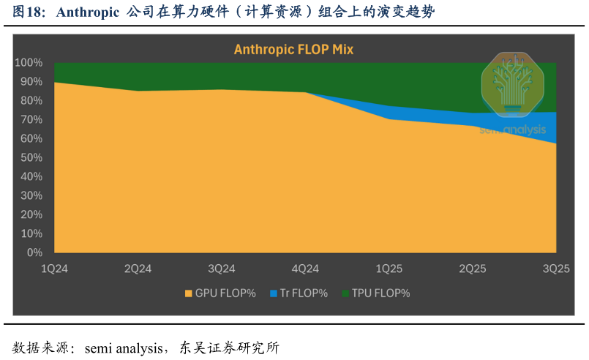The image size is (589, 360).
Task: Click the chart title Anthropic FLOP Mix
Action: (293, 50)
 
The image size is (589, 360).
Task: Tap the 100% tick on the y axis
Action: (29, 63)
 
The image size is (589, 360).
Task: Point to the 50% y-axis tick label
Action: (31, 158)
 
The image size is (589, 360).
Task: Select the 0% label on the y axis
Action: (34, 252)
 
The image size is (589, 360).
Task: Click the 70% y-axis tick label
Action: (31, 120)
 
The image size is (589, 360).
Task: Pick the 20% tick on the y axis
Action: (31, 214)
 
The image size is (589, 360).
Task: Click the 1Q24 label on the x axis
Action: (54, 269)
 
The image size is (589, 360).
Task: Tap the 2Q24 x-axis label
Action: (138, 269)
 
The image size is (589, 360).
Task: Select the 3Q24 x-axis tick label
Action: (222, 269)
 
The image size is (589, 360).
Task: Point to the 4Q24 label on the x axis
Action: (305, 269)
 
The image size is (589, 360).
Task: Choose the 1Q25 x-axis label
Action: (389, 269)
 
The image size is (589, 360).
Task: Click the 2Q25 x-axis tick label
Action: (473, 269)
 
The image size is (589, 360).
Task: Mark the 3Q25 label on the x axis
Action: (555, 269)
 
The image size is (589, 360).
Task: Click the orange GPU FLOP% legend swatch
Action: (188, 293)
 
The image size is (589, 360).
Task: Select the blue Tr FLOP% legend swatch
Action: (274, 293)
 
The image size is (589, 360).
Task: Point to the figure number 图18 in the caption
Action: (27, 12)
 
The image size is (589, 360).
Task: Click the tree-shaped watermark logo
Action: (512, 84)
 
